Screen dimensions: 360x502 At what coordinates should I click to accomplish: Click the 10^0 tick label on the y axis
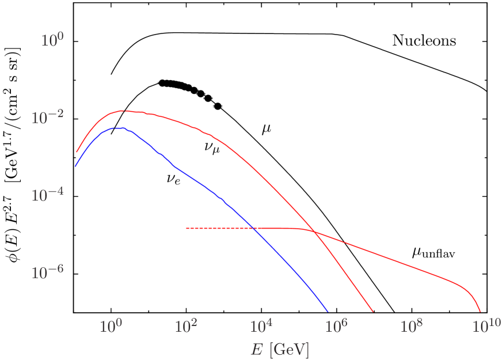pos(52,40)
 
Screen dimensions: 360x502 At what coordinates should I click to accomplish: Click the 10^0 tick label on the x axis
pos(111,327)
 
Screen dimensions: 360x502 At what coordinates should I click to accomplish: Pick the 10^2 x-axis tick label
pos(186,327)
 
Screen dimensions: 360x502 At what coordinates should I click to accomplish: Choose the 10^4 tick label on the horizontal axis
pos(261,327)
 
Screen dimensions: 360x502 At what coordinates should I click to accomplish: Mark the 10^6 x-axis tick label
pos(337,327)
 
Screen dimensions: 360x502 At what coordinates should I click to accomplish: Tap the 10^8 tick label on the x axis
pos(412,327)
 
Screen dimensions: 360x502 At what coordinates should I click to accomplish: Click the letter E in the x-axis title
pos(256,349)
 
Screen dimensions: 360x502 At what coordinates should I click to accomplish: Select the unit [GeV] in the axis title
pos(288,349)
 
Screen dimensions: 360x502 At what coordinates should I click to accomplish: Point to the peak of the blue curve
pos(118,128)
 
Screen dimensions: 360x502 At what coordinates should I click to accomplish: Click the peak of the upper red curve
pos(124,110)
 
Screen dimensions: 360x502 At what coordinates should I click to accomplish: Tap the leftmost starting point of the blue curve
pos(75,166)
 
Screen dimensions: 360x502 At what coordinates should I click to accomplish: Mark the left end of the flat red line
pos(187,229)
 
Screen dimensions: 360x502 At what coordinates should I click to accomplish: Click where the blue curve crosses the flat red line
pos(254,229)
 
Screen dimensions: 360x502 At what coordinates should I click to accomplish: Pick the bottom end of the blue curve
pos(328,310)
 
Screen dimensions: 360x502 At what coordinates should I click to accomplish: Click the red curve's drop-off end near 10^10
pos(480,310)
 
